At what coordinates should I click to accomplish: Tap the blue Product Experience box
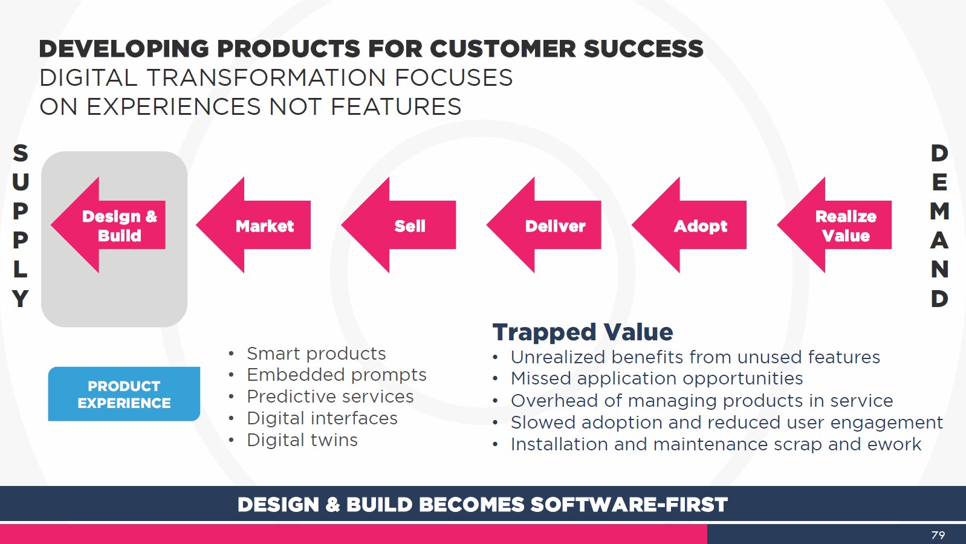124,394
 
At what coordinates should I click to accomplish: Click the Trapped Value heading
583,332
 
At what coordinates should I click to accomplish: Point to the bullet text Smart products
316,354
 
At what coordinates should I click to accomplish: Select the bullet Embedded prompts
336,375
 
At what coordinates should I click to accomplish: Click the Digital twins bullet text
302,440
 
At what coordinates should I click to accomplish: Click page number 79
938,536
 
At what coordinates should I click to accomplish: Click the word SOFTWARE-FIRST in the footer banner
629,505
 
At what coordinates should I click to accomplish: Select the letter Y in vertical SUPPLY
21,299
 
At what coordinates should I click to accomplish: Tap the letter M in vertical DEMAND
939,211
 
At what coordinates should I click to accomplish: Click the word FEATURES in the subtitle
396,106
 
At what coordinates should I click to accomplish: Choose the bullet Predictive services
330,397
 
